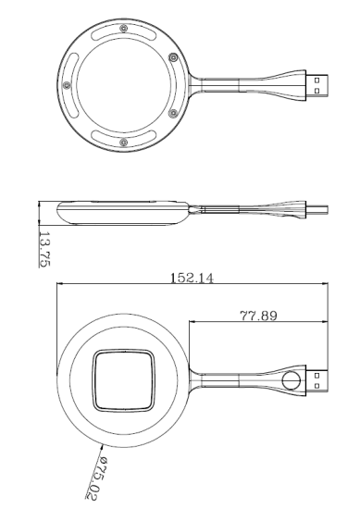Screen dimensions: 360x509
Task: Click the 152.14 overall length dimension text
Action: point(192,278)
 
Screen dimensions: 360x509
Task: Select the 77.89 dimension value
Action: point(259,316)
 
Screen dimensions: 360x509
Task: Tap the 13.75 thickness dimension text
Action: point(44,249)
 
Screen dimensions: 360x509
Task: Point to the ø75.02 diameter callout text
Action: point(94,478)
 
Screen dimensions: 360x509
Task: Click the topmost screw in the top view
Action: point(123,29)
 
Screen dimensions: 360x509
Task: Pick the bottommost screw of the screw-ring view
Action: point(123,143)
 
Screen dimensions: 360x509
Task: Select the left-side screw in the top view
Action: point(67,85)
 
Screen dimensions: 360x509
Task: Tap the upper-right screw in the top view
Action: point(174,58)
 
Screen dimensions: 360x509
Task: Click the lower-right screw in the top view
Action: point(174,113)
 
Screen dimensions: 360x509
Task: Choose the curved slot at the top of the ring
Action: point(123,33)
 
